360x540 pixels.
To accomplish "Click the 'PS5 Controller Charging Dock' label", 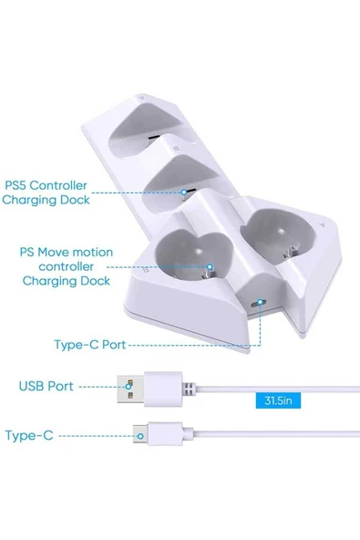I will click(59, 192).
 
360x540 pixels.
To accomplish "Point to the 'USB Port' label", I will click(46, 386).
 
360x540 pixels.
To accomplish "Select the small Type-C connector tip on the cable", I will click(137, 436).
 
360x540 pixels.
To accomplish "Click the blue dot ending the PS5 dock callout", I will click(187, 192).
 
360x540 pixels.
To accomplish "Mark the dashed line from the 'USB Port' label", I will click(100, 386).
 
